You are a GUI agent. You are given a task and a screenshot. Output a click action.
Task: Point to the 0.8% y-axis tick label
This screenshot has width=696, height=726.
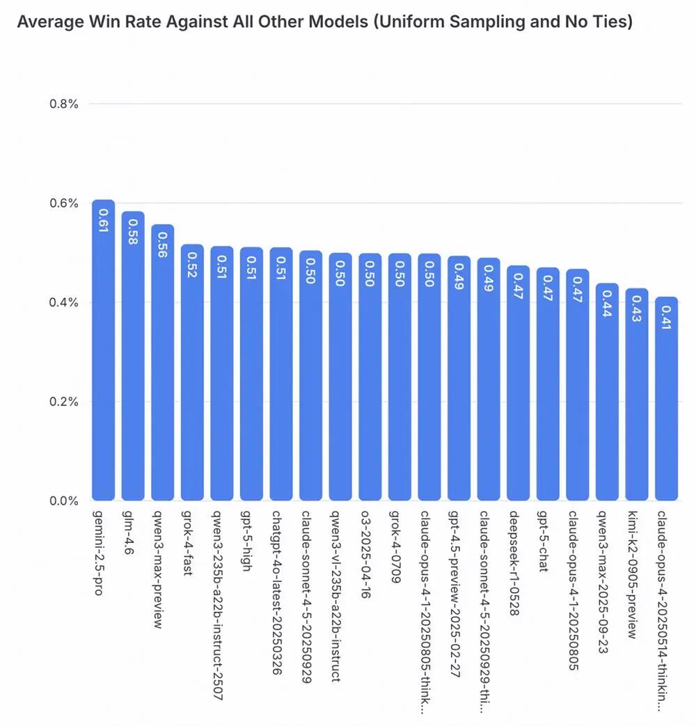click(63, 104)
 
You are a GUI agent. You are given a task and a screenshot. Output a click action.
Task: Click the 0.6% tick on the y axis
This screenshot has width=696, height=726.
click(63, 203)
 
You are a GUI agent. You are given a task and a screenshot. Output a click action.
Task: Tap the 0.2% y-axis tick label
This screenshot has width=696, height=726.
click(63, 402)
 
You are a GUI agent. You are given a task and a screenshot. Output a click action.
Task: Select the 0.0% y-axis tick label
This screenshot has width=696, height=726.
click(63, 500)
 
